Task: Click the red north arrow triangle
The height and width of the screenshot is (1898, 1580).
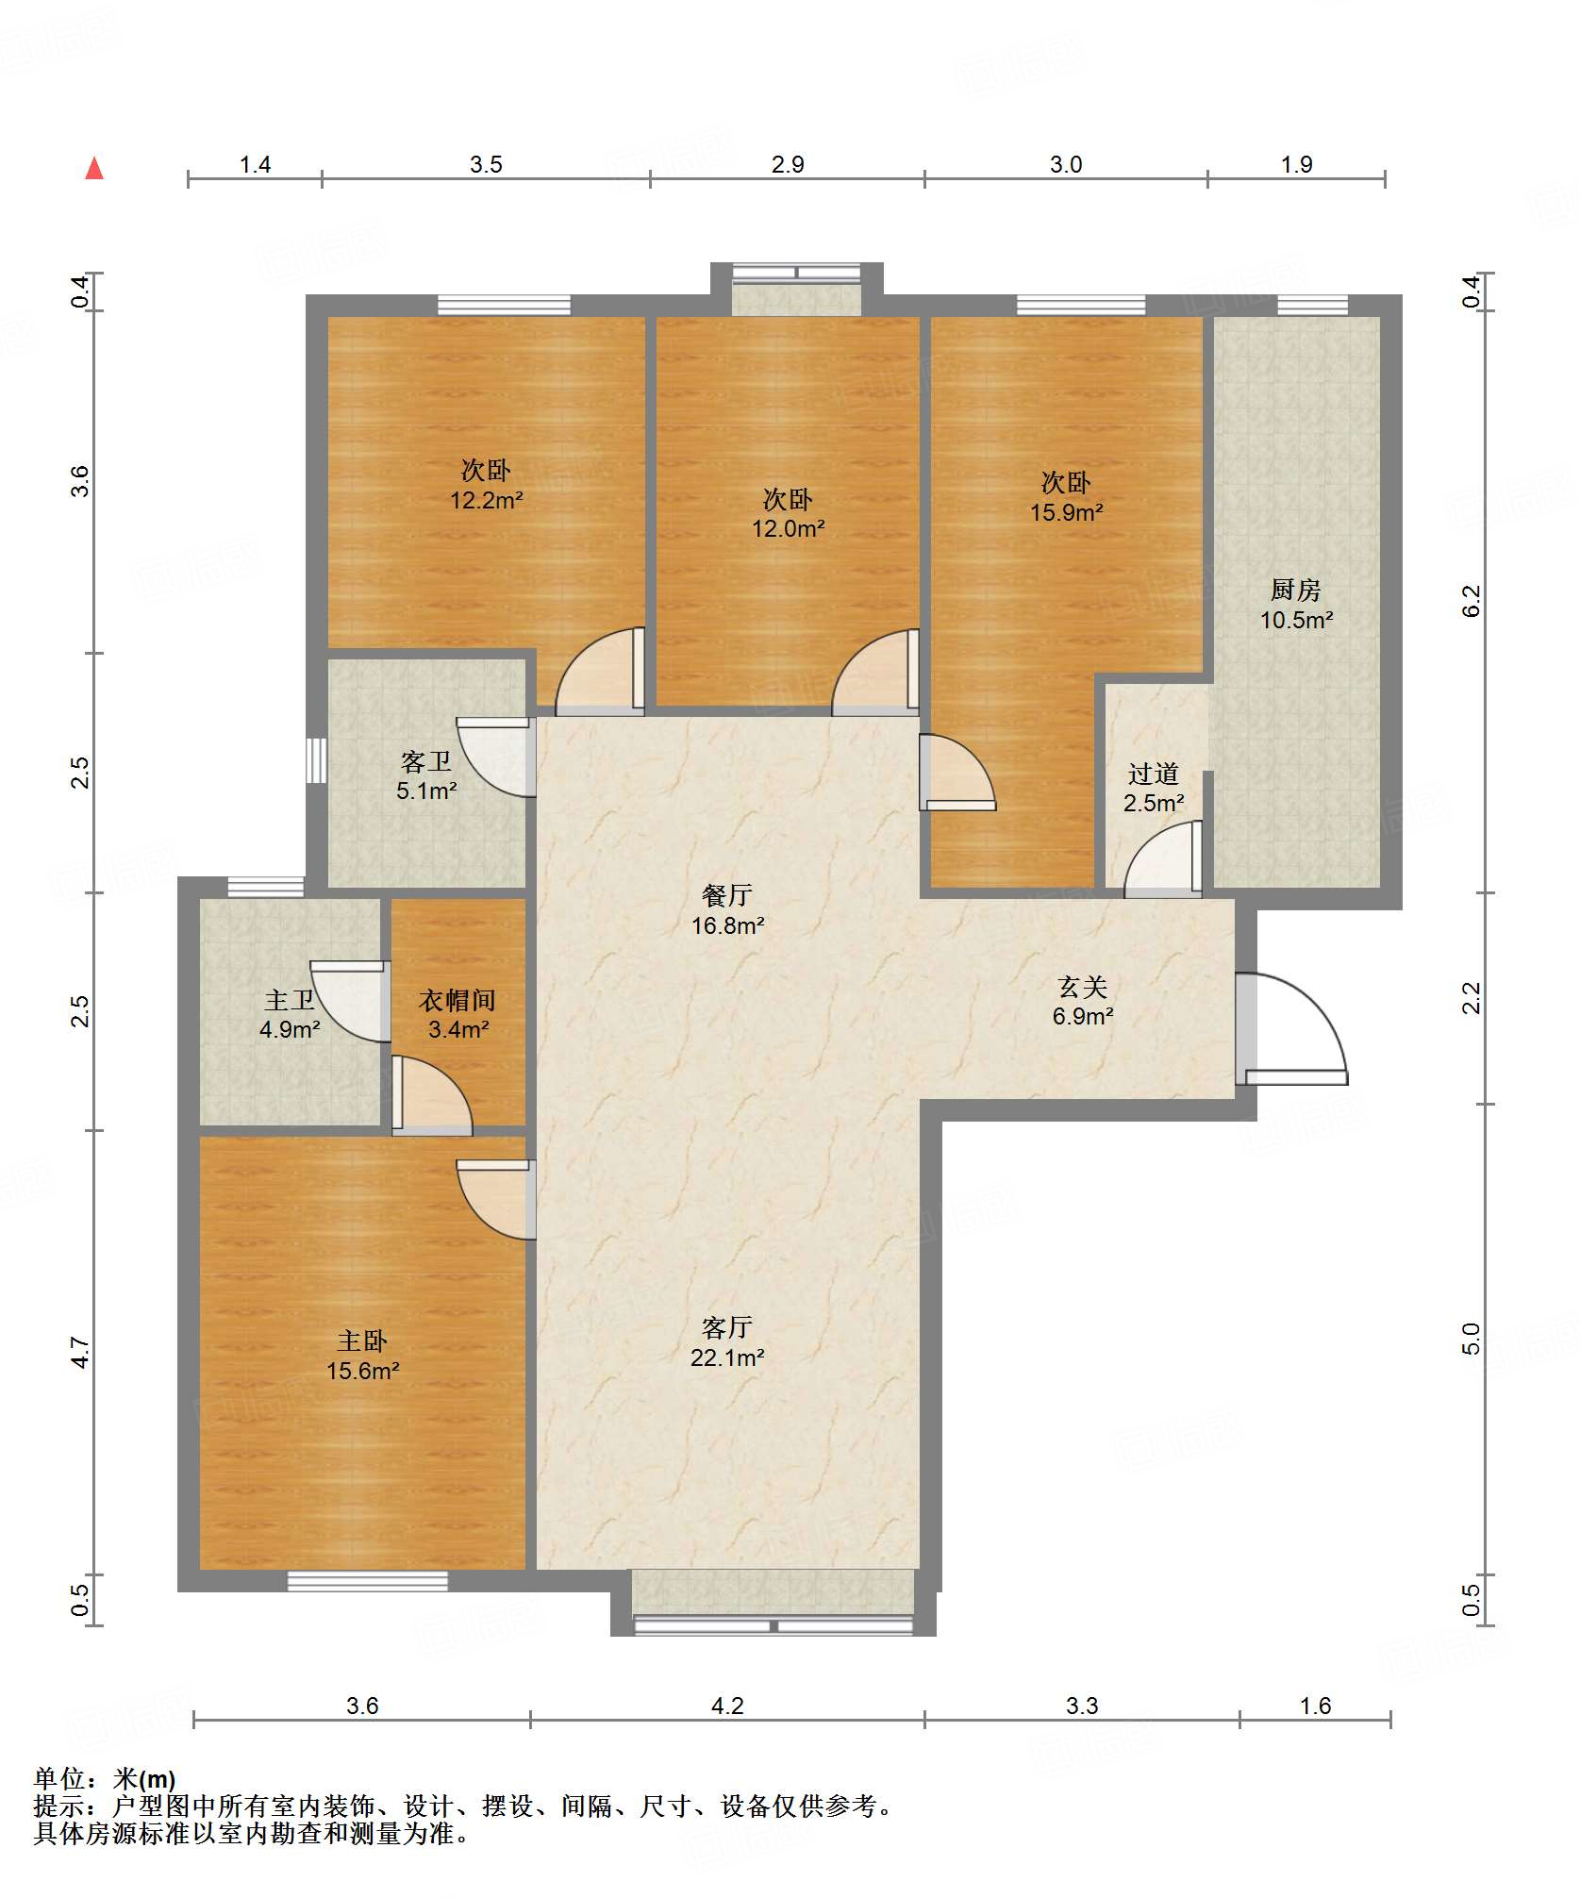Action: pos(94,169)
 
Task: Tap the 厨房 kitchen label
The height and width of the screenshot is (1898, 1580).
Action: pos(1296,590)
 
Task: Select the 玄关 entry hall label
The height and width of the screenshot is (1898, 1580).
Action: pos(1082,987)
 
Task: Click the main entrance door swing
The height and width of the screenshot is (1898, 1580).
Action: pos(1291,1028)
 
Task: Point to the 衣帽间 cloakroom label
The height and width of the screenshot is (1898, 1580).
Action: pos(457,1000)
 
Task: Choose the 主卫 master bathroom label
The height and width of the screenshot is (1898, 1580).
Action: pos(290,1000)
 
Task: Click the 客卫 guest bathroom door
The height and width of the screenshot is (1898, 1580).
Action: pos(496,758)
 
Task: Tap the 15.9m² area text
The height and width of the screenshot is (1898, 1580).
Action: pos(1067,512)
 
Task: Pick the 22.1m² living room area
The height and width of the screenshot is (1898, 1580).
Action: pos(727,1357)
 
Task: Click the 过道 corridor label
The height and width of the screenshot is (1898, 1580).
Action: pos(1154,774)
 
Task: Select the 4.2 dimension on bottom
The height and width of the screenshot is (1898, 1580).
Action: pos(727,1706)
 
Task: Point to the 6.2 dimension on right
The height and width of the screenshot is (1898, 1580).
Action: pos(1472,601)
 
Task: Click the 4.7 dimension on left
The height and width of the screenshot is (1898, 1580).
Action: pos(81,1352)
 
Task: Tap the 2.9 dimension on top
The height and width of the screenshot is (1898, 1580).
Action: pos(788,164)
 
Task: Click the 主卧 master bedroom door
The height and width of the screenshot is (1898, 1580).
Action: pos(496,1199)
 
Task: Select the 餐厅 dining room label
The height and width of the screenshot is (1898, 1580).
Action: pos(727,894)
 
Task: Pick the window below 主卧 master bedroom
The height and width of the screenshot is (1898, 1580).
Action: pos(368,1581)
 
